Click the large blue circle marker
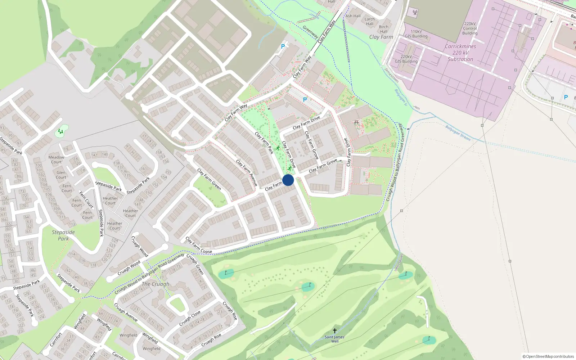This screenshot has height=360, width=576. (288, 180)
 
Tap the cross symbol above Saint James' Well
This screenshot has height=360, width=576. (335, 330)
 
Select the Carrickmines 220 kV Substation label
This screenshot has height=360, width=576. (460, 53)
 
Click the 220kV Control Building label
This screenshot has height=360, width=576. (470, 28)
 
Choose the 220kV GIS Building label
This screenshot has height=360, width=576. (406, 59)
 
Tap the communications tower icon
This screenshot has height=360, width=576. (415, 13)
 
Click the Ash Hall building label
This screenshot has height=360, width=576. (353, 16)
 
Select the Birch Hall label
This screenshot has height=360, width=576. (384, 29)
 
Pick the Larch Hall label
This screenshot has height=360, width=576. (370, 21)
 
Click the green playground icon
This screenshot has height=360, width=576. (61, 132)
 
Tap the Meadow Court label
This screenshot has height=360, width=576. (57, 159)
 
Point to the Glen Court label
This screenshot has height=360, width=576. (61, 175)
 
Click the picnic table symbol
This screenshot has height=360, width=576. (356, 123)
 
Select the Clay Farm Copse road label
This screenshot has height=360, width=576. (199, 246)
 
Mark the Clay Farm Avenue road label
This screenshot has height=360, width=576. (247, 173)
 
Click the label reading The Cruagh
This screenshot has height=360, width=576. (156, 284)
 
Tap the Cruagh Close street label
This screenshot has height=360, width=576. (190, 319)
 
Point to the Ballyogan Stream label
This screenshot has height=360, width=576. (458, 133)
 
